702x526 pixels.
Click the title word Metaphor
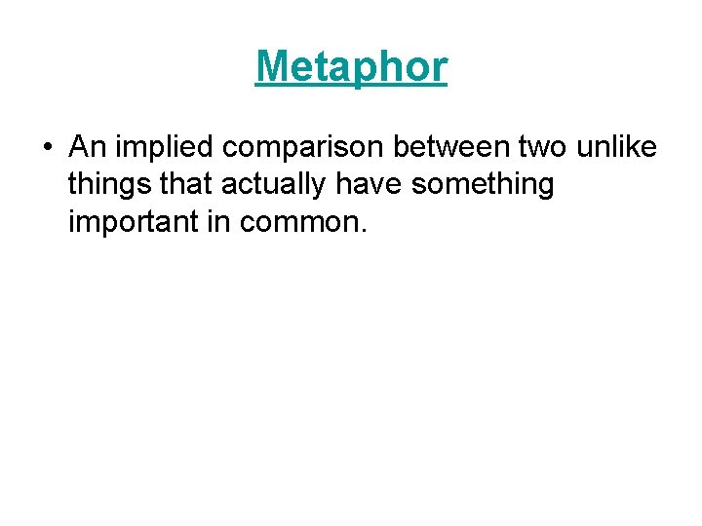click(x=351, y=67)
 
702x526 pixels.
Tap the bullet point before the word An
click(x=47, y=149)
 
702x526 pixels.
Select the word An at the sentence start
click(x=86, y=147)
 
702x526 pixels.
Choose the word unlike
click(x=616, y=147)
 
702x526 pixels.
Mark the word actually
click(x=259, y=185)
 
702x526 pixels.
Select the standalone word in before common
click(x=217, y=221)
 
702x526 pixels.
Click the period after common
click(x=365, y=230)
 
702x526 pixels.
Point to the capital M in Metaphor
click(x=272, y=67)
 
